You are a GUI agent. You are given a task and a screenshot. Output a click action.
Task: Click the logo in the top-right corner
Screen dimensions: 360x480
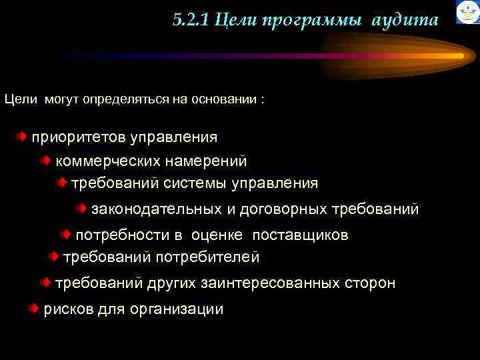467,12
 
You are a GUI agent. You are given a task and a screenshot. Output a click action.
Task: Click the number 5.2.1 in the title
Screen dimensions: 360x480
191,21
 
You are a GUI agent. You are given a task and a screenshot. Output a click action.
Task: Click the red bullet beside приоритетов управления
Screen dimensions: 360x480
23,137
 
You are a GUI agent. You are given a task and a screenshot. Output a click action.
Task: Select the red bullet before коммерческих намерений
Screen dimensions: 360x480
45,161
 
